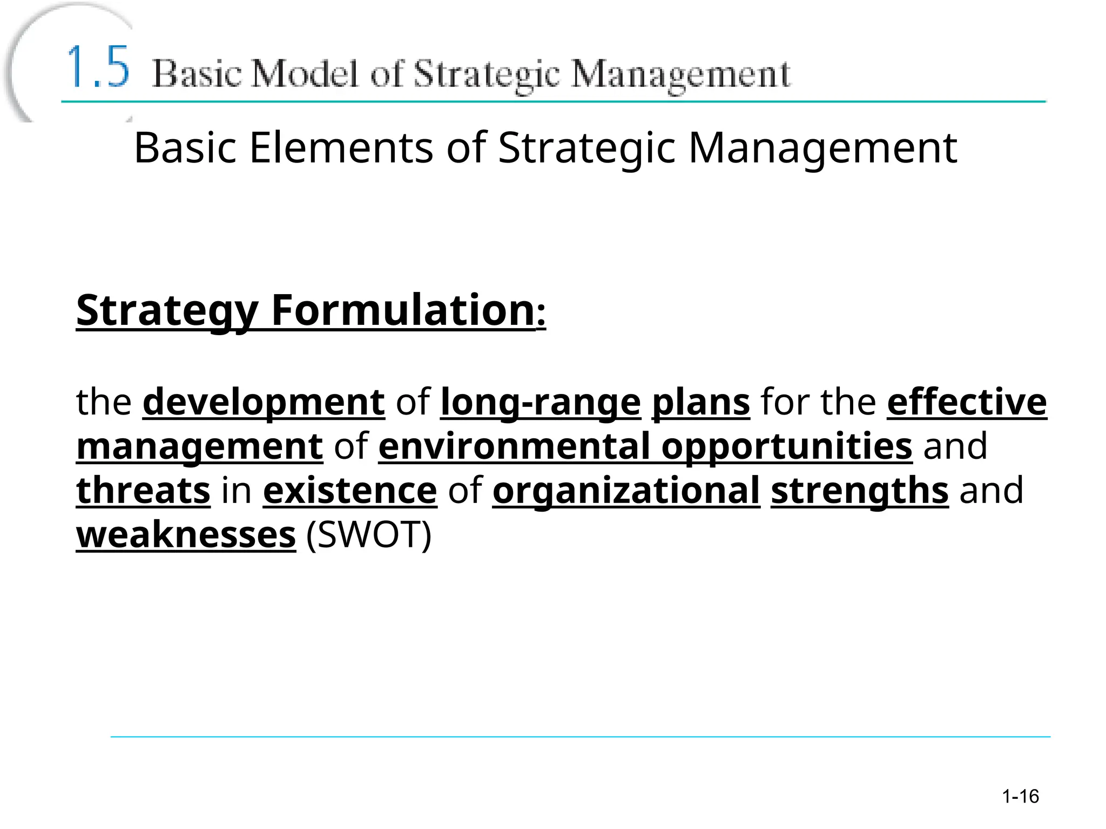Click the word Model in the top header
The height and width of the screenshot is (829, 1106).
tap(305, 74)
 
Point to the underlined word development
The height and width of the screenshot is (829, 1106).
tap(264, 402)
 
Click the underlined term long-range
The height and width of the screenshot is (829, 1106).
tap(541, 403)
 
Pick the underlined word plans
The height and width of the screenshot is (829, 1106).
tap(701, 403)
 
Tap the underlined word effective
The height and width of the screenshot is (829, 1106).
tap(967, 402)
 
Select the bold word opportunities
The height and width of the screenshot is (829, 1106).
tap(787, 447)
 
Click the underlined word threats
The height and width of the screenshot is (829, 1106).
tap(143, 491)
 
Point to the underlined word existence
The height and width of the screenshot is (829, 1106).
tap(350, 491)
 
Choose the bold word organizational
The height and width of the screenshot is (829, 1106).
tap(626, 492)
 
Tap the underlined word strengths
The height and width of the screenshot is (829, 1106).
tap(859, 492)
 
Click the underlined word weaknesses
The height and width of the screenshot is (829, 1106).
tap(186, 535)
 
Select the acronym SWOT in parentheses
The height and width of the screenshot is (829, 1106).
tap(369, 535)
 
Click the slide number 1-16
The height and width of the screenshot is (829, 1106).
tap(1020, 796)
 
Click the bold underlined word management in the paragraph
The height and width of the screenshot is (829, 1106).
tap(200, 447)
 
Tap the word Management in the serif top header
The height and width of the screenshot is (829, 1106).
tap(681, 75)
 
